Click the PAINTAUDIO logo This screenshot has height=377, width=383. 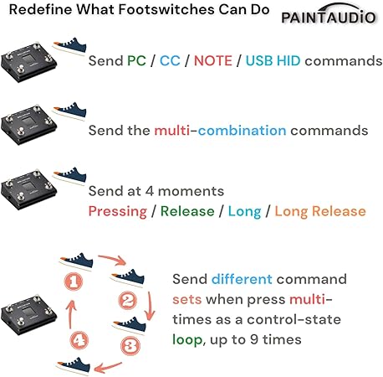pyautogui.click(x=329, y=14)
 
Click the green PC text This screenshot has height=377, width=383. pyautogui.click(x=136, y=60)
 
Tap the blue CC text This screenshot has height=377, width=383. pyautogui.click(x=170, y=60)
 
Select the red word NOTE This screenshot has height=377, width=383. pyautogui.click(x=213, y=60)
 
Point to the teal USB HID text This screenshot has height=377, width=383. pyautogui.click(x=273, y=60)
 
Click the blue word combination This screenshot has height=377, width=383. pyautogui.click(x=242, y=131)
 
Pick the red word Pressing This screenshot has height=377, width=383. pyautogui.click(x=118, y=212)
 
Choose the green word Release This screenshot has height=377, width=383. pyautogui.click(x=187, y=211)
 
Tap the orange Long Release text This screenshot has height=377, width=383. pyautogui.click(x=320, y=212)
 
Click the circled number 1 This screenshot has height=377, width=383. pyautogui.click(x=74, y=281)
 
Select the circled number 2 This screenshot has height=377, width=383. pyautogui.click(x=128, y=301)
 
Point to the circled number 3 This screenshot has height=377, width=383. pyautogui.click(x=130, y=346)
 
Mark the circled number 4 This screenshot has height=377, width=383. pyautogui.click(x=79, y=340)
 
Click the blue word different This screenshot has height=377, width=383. pyautogui.click(x=242, y=279)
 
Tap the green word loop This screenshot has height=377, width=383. pyautogui.click(x=187, y=340)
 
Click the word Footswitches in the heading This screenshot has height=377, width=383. pyautogui.click(x=166, y=9)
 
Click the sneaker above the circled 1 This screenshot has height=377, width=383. pyautogui.click(x=76, y=261)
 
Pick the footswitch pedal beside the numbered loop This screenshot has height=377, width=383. pyautogui.click(x=28, y=314)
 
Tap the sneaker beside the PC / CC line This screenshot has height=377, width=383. pyautogui.click(x=69, y=46)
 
